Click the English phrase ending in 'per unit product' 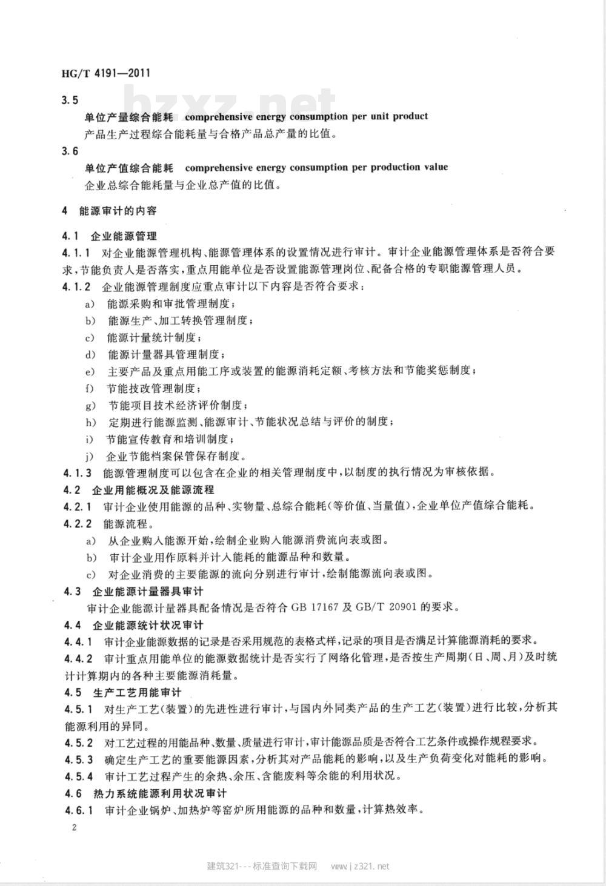[306, 116]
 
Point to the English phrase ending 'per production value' [316, 167]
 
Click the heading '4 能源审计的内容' [110, 211]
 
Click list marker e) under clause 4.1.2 [90, 371]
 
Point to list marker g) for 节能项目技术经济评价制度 [90, 405]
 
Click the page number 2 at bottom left [74, 828]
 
